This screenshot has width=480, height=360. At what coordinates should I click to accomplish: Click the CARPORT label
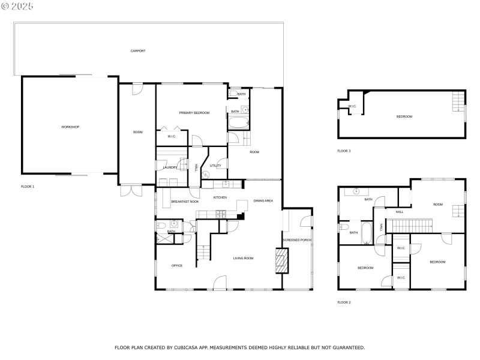tap(138, 51)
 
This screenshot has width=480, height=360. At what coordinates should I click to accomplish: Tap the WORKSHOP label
tap(70, 127)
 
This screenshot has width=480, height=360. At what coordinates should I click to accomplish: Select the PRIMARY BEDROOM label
tap(194, 113)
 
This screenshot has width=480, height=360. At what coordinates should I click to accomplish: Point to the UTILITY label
tap(215, 166)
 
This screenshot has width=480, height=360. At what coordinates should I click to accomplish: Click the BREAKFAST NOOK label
tap(185, 202)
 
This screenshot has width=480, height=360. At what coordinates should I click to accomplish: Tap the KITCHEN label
tap(220, 197)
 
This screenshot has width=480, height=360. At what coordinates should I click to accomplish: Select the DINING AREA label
tap(263, 201)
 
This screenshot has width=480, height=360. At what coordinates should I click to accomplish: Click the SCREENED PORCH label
tap(297, 240)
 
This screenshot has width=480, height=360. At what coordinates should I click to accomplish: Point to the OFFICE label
tap(176, 265)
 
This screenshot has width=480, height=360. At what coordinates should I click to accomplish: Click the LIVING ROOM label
tap(244, 258)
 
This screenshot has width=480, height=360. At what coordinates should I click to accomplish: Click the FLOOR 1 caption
tap(28, 187)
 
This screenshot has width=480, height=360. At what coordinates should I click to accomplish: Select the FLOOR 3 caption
tap(344, 151)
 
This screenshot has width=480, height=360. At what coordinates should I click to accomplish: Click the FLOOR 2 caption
tap(344, 302)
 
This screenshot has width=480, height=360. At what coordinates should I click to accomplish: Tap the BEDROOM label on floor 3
tap(404, 116)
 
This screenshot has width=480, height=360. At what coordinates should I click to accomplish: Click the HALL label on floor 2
tap(400, 212)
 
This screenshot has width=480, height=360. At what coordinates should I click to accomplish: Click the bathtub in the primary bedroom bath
tap(238, 124)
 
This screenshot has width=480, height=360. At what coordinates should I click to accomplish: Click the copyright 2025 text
tap(17, 5)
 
